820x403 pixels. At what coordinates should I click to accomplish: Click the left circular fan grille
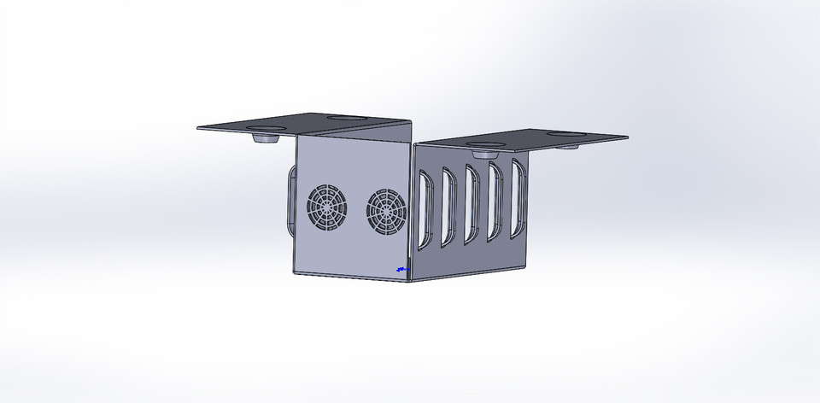tap(326, 207)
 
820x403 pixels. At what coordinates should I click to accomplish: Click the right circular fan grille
tap(386, 210)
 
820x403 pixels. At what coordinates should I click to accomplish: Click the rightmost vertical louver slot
tap(516, 197)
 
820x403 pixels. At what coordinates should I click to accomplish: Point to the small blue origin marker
tap(401, 269)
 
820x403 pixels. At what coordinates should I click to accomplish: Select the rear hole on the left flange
tap(343, 117)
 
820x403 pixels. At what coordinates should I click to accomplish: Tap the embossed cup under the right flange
tap(484, 153)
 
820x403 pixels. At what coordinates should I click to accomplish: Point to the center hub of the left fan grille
tap(326, 207)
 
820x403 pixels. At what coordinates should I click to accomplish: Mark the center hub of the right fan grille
tap(386, 210)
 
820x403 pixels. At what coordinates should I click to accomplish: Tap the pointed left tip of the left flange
tap(199, 129)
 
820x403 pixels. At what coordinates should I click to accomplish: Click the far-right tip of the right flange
tap(628, 137)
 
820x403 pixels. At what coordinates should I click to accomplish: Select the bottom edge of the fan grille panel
tap(350, 277)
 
